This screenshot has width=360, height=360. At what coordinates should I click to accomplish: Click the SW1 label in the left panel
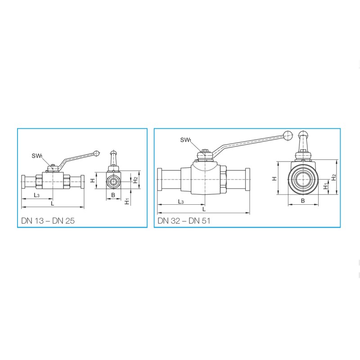37,156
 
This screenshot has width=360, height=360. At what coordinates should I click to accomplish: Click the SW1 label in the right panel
186,140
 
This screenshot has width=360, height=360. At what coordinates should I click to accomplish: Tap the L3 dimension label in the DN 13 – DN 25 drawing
36,195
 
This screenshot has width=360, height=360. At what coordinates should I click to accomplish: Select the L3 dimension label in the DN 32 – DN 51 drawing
181,202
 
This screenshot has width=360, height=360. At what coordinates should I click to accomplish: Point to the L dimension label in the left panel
52,203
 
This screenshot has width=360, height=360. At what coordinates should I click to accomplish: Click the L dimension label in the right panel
204,209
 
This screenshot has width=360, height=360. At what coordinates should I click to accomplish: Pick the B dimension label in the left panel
113,195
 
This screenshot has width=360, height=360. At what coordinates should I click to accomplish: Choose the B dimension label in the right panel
302,201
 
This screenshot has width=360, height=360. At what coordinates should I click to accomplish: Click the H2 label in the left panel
136,180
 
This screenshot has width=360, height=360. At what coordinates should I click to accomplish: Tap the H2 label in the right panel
334,177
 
